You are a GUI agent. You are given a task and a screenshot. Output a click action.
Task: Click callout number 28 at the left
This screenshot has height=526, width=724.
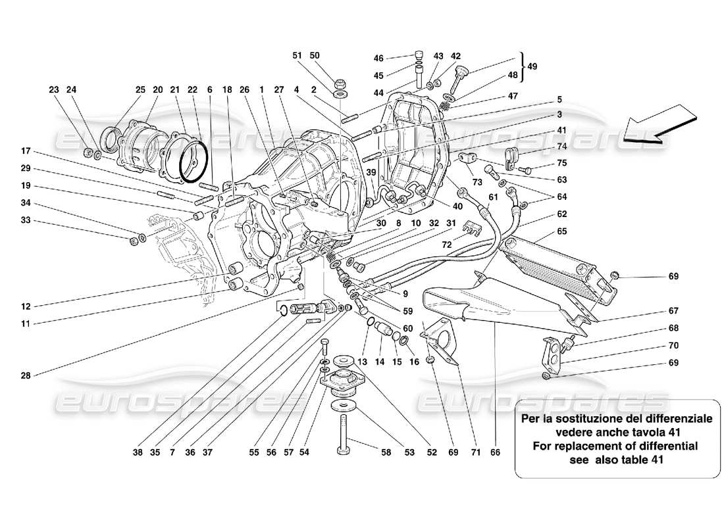point(26,375)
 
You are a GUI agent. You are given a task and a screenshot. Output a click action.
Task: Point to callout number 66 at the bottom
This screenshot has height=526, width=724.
point(495,453)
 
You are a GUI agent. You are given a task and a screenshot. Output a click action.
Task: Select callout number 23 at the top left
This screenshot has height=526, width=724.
point(54,90)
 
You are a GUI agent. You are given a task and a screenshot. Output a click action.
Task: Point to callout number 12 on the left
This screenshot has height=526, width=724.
point(26,306)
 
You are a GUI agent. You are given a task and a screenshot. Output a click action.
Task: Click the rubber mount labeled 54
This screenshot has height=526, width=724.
point(342,381)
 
